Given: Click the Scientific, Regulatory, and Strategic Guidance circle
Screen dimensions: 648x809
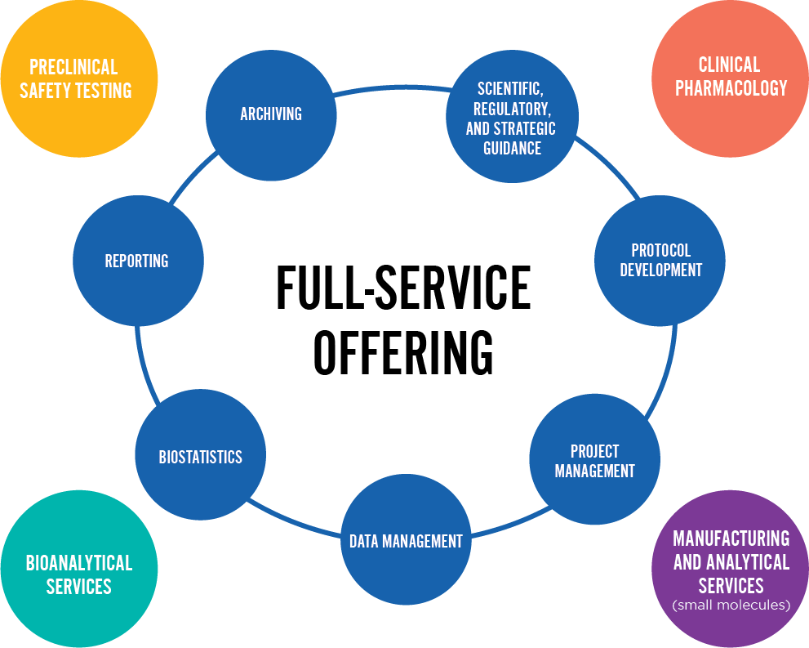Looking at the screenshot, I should click(511, 118).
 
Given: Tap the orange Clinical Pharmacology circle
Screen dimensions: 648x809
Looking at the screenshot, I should click(730, 77).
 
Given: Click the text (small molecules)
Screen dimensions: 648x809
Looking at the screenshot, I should click(731, 606).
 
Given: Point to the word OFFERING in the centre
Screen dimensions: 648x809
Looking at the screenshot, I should click(403, 351).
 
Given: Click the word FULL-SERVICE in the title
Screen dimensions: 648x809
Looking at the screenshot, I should click(403, 288).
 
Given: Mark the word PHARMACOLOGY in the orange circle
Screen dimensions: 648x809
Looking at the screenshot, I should click(731, 88).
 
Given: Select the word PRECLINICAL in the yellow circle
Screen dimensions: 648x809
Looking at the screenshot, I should click(73, 67).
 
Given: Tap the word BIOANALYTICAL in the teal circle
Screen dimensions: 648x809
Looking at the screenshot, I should click(78, 563).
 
